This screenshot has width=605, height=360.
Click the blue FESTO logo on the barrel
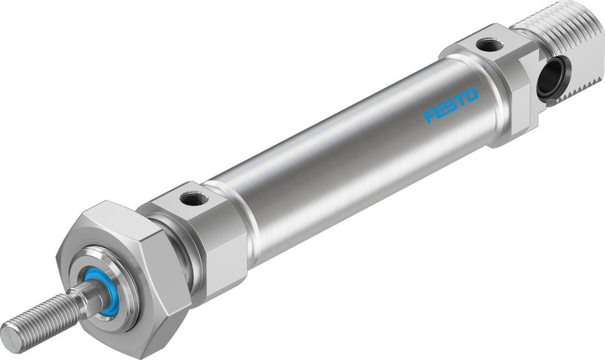(x=451, y=105)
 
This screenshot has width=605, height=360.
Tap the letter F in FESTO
(x=429, y=116)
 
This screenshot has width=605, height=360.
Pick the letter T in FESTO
(x=460, y=99)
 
